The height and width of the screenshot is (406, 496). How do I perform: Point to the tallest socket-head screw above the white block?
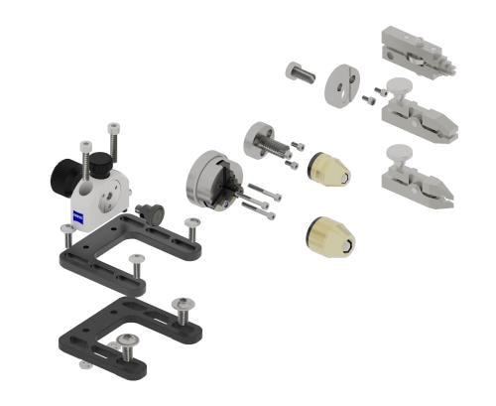pos(114,144)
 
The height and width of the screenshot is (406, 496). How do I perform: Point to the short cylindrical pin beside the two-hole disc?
pos(300,72)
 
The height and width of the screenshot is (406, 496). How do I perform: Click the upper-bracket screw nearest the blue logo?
pos(67,232)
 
